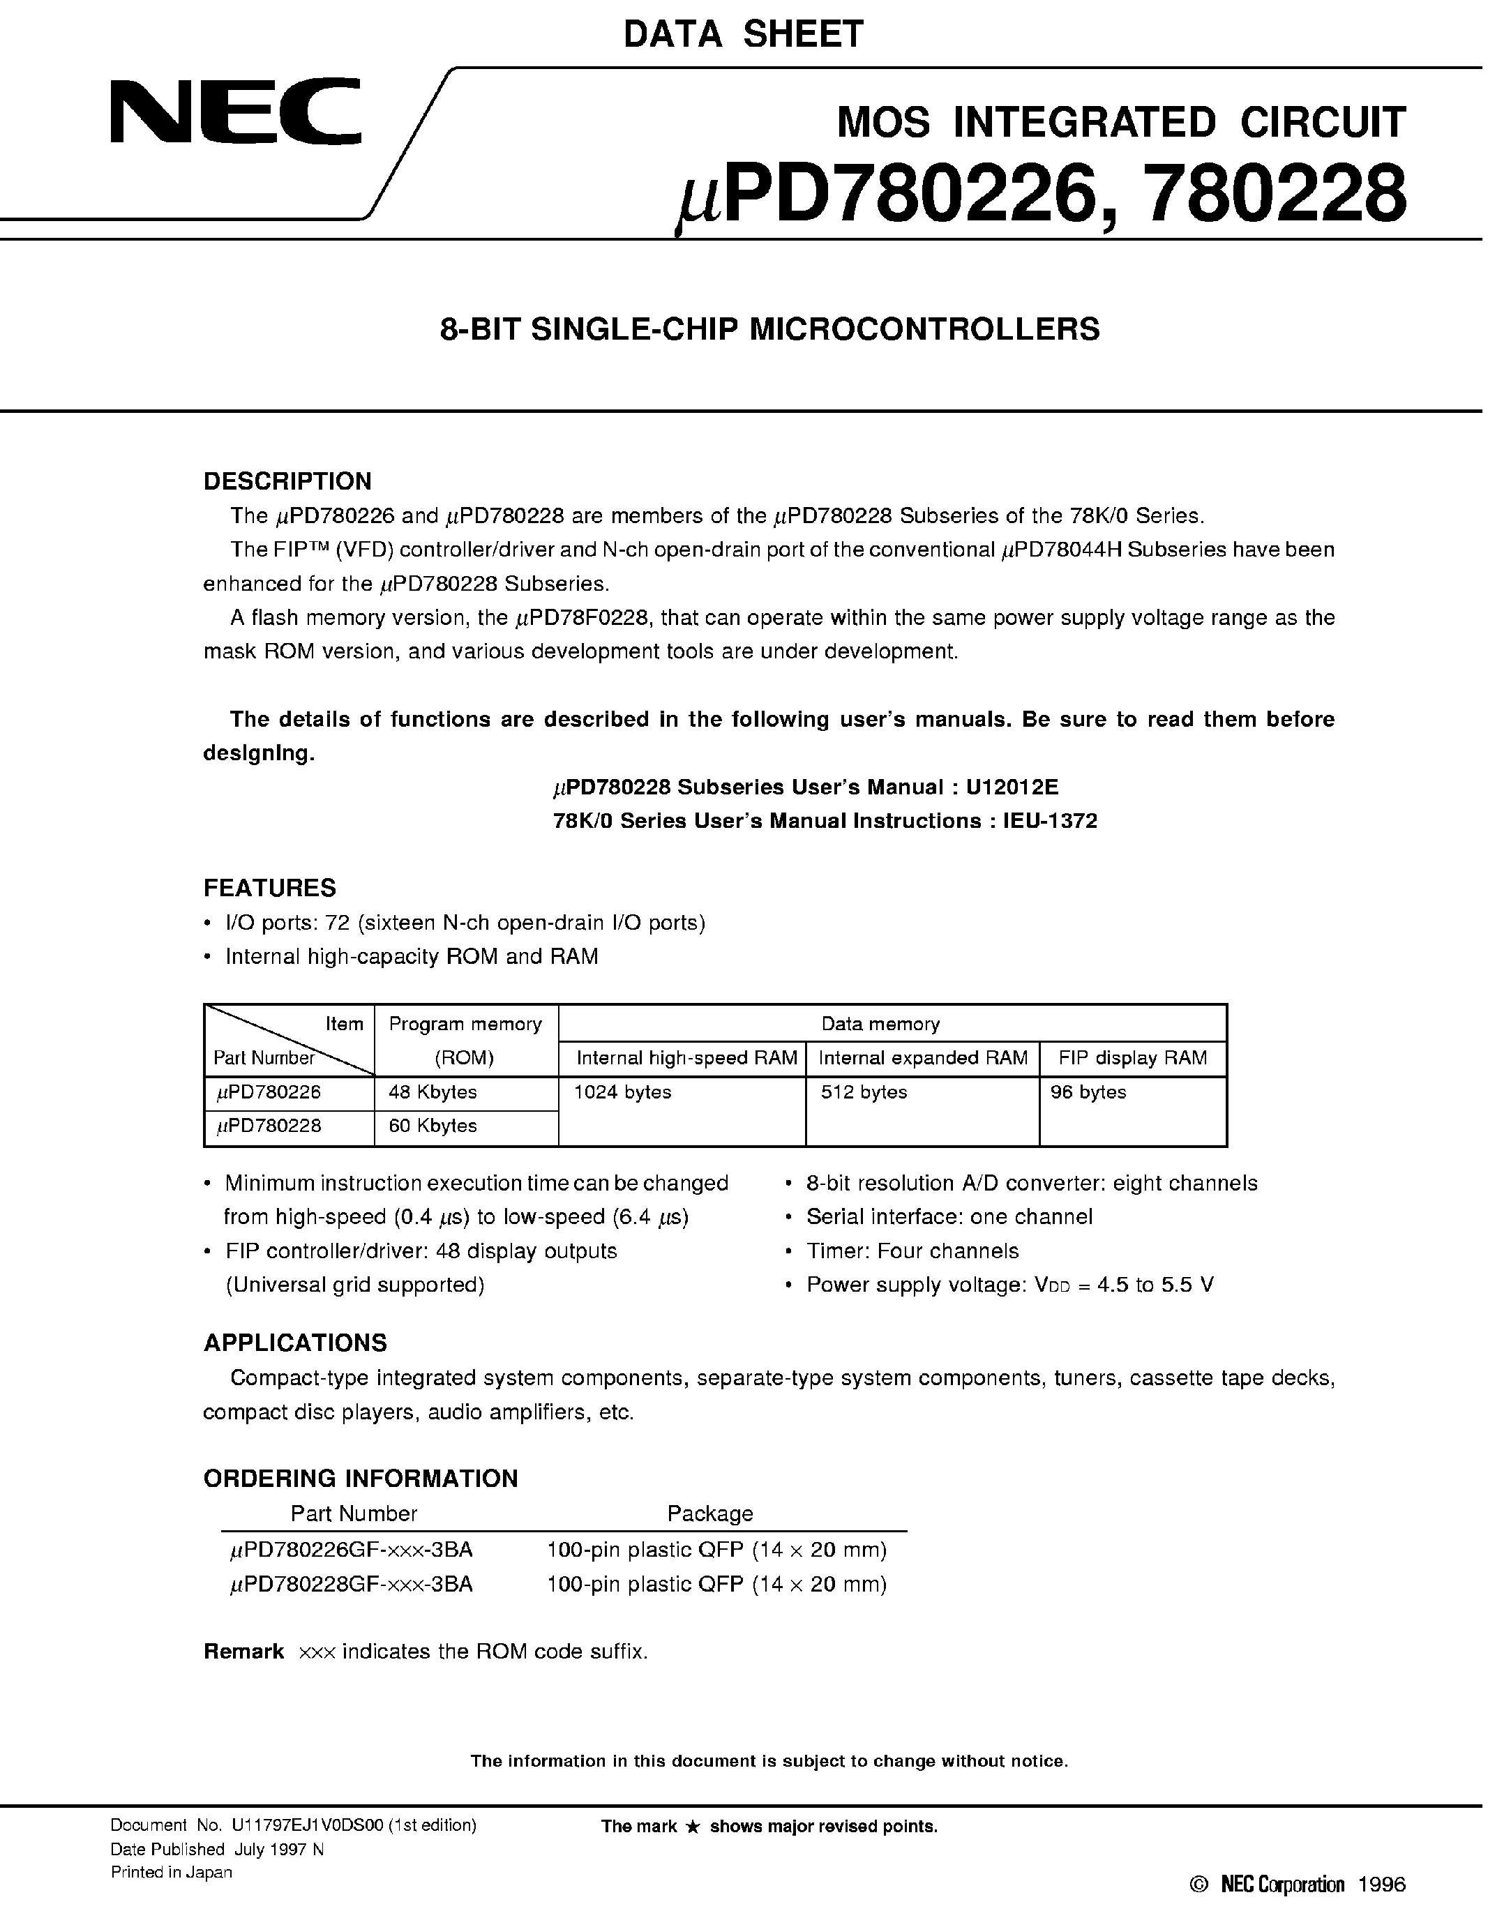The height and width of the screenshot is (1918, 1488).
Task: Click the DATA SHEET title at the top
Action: [x=743, y=34]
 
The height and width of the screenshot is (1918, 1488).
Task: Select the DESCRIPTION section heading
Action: [x=287, y=481]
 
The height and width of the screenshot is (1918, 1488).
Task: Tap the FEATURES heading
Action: [x=270, y=888]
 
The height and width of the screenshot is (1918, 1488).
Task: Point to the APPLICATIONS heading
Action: [x=295, y=1343]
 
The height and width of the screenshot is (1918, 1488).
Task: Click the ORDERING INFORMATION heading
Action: [x=360, y=1479]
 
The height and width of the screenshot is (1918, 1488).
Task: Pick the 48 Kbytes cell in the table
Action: [x=433, y=1092]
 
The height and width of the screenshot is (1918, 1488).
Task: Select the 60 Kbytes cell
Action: [x=433, y=1126]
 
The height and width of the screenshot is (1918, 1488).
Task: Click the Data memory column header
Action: [x=880, y=1024]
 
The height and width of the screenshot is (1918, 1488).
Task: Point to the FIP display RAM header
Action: [x=1132, y=1058]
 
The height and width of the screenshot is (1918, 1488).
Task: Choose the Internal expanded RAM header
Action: [x=922, y=1058]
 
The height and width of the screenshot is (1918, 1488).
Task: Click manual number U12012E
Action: [x=1018, y=787]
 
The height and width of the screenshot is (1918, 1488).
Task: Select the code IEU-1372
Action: [x=1051, y=821]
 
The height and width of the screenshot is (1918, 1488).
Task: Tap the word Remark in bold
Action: [x=243, y=1652]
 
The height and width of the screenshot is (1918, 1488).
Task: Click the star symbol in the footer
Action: [x=692, y=1827]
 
